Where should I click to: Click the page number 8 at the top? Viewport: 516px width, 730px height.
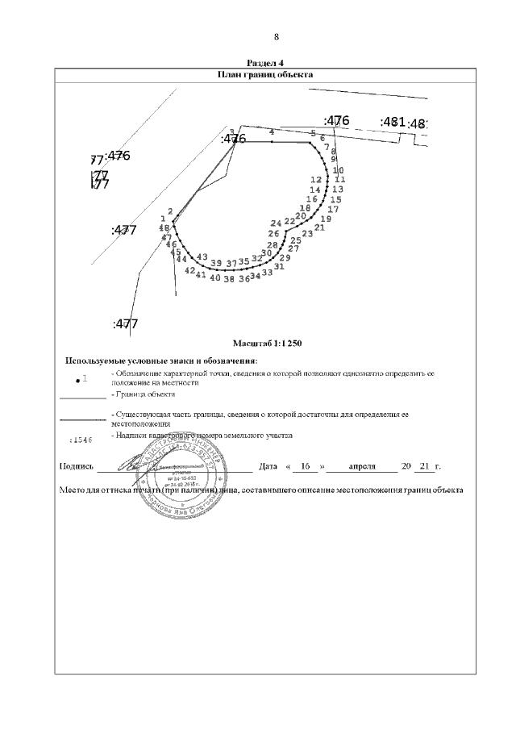click(x=276, y=37)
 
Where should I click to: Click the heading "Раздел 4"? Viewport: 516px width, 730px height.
click(x=265, y=63)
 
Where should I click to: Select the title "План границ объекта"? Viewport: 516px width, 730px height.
click(x=265, y=74)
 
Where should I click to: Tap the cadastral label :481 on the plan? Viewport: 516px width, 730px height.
click(x=392, y=122)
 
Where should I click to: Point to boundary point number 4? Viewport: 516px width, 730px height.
click(x=272, y=131)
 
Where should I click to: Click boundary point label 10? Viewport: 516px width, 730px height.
click(x=338, y=170)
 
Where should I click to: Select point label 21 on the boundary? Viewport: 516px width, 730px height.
click(x=319, y=227)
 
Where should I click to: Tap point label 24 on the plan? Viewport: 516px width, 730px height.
click(x=276, y=223)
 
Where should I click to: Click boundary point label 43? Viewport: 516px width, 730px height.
click(x=202, y=257)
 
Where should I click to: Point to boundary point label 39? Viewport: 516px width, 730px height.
click(x=215, y=264)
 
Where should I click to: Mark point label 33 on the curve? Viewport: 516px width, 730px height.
click(x=268, y=273)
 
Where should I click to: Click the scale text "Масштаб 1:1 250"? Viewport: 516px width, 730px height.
click(x=266, y=344)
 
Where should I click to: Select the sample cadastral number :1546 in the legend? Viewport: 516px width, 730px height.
click(x=81, y=440)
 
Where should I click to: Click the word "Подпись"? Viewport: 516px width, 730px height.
click(x=77, y=467)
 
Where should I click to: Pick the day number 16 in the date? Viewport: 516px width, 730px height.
click(x=304, y=467)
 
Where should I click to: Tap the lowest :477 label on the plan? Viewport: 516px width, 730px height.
click(x=125, y=324)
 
